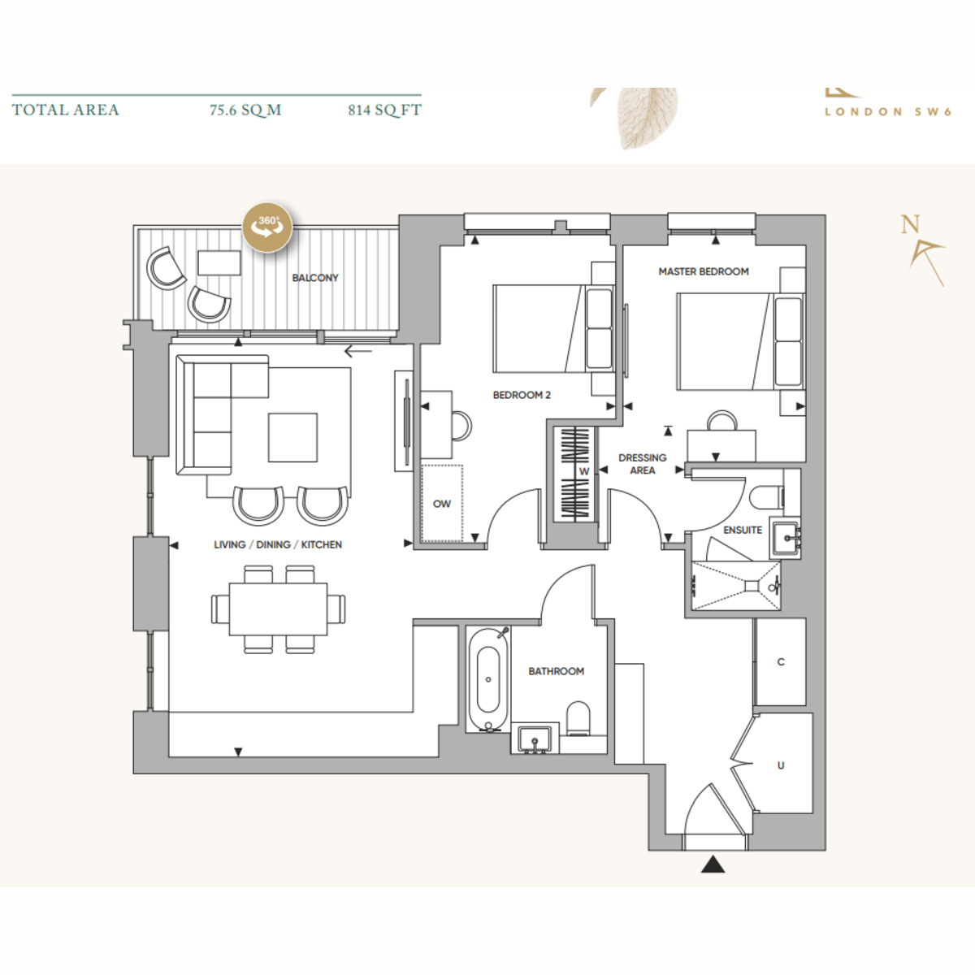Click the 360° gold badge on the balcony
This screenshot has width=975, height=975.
[x=267, y=227]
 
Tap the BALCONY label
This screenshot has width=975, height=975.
[x=315, y=278]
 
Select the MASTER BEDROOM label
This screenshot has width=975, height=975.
[x=704, y=271]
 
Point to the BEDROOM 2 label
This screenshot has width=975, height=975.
[x=522, y=395]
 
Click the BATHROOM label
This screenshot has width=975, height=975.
[x=556, y=671]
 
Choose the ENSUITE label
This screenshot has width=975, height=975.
[x=743, y=531]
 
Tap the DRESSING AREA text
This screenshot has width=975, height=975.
[x=643, y=464]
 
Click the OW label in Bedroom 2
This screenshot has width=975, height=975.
[x=442, y=504]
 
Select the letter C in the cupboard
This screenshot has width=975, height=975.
[x=781, y=662]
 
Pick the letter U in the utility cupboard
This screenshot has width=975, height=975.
[x=781, y=765]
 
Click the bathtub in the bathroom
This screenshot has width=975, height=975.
[x=487, y=679]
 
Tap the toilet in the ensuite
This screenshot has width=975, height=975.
[x=766, y=498]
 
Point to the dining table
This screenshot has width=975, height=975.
[x=278, y=609]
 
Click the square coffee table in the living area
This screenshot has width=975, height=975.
[x=293, y=438]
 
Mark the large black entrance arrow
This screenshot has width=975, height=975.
[x=713, y=864]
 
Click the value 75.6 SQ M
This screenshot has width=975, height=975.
[x=245, y=110]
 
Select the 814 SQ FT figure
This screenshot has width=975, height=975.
[x=384, y=110]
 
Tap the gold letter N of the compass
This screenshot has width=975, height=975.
[x=910, y=224]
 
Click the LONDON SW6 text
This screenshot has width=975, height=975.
[x=888, y=112]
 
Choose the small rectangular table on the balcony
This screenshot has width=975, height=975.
[x=219, y=263]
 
